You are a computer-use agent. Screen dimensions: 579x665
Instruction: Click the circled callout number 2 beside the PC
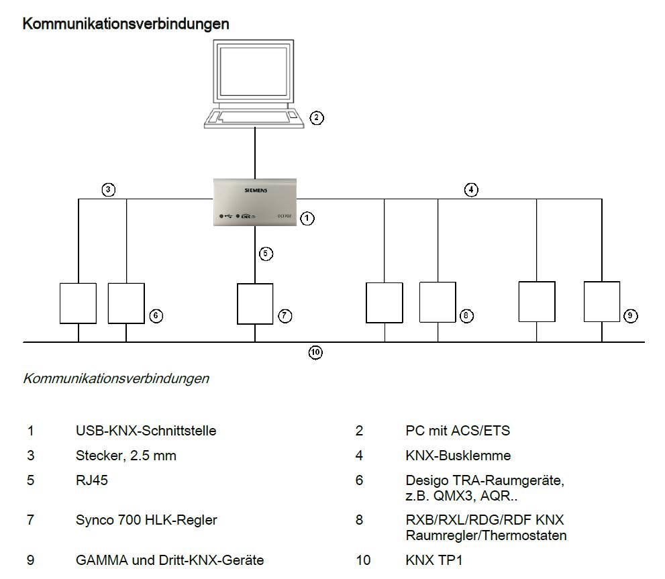(317, 118)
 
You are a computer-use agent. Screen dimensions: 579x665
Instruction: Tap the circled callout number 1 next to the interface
(307, 218)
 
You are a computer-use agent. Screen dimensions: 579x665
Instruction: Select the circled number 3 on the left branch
(108, 190)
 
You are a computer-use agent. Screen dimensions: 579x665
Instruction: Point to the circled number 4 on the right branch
(472, 190)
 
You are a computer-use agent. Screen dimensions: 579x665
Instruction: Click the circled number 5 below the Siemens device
(266, 254)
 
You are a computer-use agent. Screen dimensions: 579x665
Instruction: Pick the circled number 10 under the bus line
(315, 352)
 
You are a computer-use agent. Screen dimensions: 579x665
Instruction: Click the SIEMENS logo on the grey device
(255, 191)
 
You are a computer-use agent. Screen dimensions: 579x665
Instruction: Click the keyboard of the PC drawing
(254, 117)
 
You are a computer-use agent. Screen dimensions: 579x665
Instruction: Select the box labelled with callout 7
(255, 304)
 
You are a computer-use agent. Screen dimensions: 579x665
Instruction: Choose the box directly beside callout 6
(126, 303)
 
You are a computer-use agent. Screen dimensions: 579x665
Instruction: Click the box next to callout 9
(602, 302)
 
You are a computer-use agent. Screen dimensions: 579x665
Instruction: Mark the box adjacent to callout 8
(438, 303)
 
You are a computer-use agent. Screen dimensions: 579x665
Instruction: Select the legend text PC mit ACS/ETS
(453, 431)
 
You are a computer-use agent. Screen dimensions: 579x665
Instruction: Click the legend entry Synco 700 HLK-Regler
(146, 519)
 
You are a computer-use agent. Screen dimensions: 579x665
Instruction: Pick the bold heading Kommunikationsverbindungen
(126, 23)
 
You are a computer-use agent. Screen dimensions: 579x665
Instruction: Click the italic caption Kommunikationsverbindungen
(116, 378)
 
